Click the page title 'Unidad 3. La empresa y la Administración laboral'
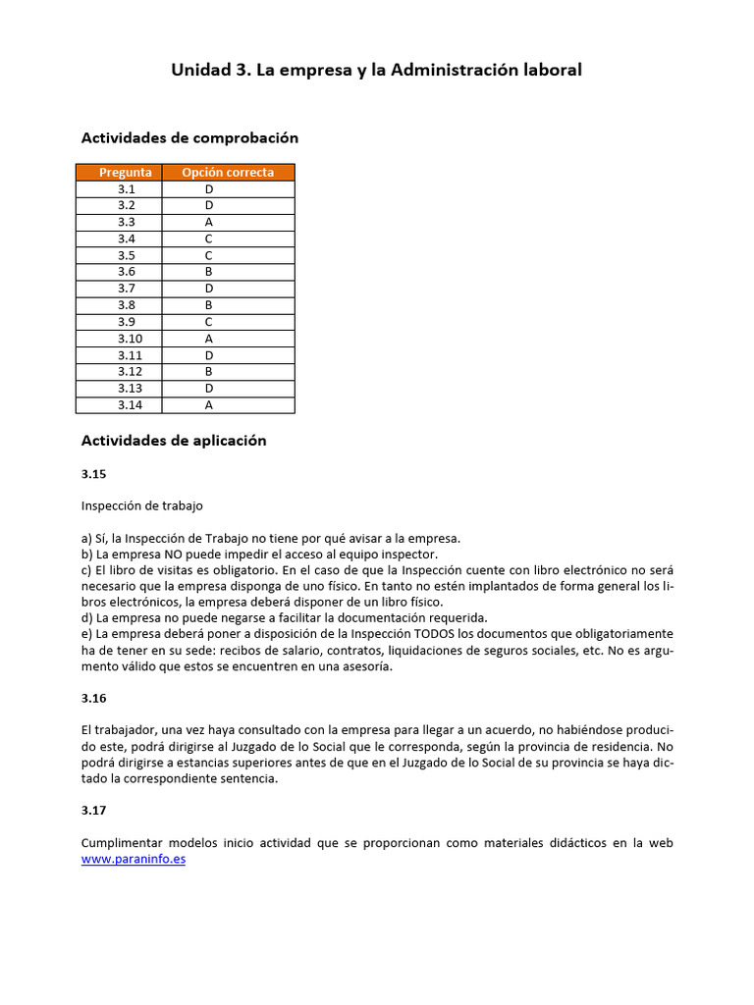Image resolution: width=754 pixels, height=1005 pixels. tap(376, 70)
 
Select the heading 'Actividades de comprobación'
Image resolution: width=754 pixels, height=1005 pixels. tap(189, 138)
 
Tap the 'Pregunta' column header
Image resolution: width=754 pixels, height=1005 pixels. tap(126, 173)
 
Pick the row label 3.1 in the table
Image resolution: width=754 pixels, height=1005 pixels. tap(126, 189)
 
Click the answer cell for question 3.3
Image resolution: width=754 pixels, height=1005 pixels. tap(209, 223)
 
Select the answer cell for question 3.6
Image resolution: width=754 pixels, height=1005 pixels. tap(209, 272)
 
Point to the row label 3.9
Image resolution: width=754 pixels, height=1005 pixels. tap(126, 322)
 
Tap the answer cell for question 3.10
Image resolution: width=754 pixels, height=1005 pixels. tap(209, 339)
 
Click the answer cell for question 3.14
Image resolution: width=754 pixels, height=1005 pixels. tap(209, 404)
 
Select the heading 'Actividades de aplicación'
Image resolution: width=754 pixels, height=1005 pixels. tap(174, 442)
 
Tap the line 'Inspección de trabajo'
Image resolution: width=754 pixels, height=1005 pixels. tap(142, 506)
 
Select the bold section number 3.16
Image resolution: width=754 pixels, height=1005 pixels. tap(93, 699)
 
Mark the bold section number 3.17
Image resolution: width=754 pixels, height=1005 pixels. tap(93, 811)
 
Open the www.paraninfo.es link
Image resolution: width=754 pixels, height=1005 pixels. tap(134, 859)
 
